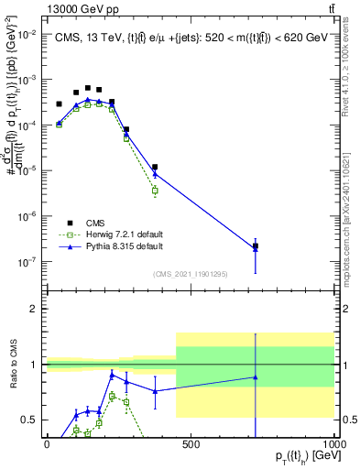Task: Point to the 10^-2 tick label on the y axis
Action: [x=26, y=34]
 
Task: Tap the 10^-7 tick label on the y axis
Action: [x=26, y=262]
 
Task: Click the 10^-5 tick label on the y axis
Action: [x=26, y=170]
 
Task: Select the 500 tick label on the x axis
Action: [x=191, y=444]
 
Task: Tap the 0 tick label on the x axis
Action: [x=47, y=444]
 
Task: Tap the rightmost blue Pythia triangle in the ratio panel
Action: [x=256, y=377]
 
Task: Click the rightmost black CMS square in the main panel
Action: [x=256, y=246]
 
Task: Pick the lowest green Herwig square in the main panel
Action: [x=155, y=191]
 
